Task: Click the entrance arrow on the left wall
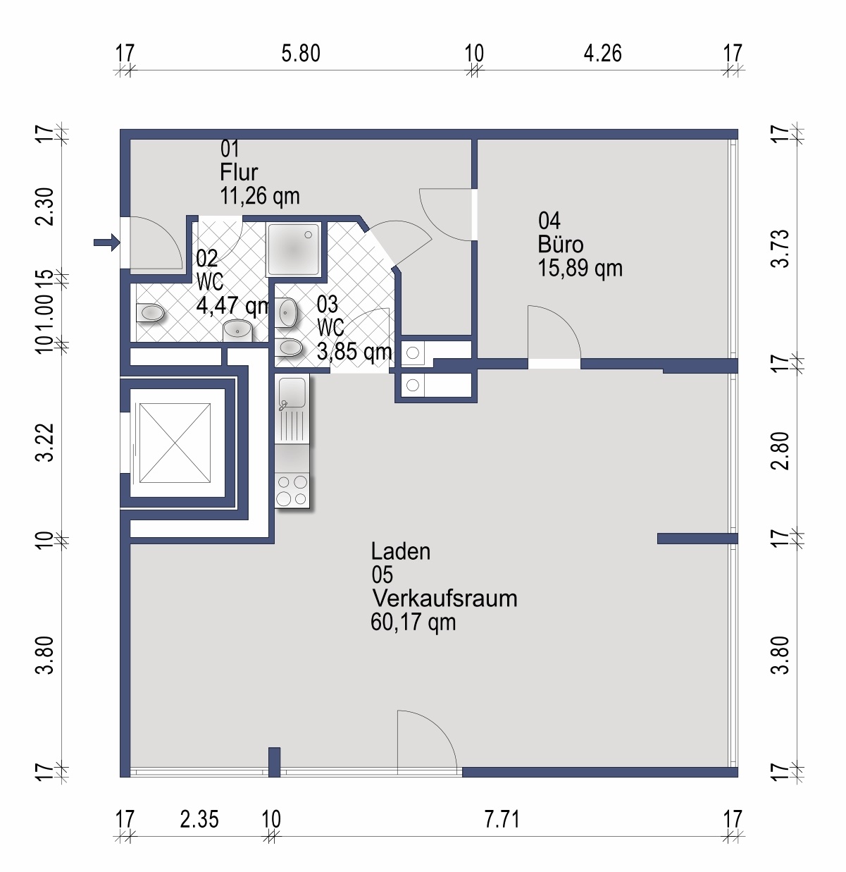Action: pyautogui.click(x=106, y=242)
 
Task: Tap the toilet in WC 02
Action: pyautogui.click(x=149, y=312)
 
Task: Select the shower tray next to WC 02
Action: pyautogui.click(x=294, y=249)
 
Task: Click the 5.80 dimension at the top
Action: pyautogui.click(x=301, y=54)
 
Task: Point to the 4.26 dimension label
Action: pyautogui.click(x=602, y=54)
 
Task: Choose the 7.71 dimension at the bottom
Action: pyautogui.click(x=502, y=820)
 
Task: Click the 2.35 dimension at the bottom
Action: pyautogui.click(x=199, y=820)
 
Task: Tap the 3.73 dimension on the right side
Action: pyautogui.click(x=780, y=248)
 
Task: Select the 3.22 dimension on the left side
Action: pyautogui.click(x=45, y=442)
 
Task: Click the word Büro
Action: pyautogui.click(x=560, y=245)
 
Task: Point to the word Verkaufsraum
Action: pyautogui.click(x=444, y=598)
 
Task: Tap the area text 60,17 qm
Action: pyautogui.click(x=413, y=622)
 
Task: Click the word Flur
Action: pyautogui.click(x=240, y=172)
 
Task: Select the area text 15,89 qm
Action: pyautogui.click(x=580, y=269)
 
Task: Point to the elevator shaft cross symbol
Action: pyautogui.click(x=175, y=443)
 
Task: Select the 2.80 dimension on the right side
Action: pyautogui.click(x=780, y=450)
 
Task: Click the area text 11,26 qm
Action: pyautogui.click(x=260, y=196)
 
